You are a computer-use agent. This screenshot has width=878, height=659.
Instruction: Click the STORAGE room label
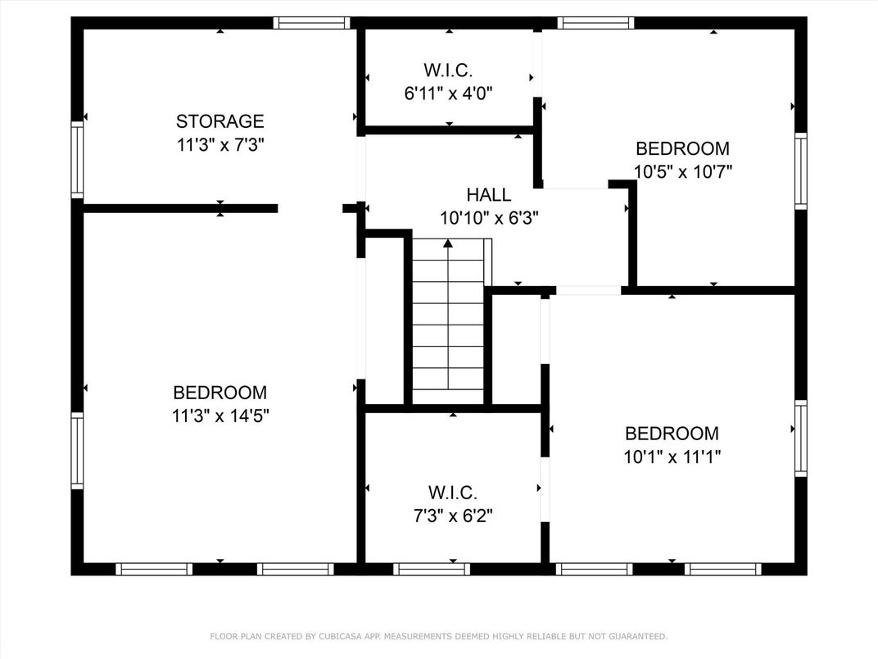pyautogui.click(x=219, y=122)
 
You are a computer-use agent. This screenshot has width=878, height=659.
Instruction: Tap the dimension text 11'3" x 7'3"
pyautogui.click(x=219, y=145)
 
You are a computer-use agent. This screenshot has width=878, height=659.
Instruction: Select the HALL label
pyautogui.click(x=489, y=195)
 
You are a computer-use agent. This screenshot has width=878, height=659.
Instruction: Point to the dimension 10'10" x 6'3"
pyautogui.click(x=489, y=218)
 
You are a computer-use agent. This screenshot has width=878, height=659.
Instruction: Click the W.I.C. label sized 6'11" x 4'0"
pyautogui.click(x=449, y=70)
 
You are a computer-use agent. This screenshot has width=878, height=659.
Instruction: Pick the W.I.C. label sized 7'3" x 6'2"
pyautogui.click(x=452, y=493)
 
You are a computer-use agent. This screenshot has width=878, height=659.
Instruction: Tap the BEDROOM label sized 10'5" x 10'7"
pyautogui.click(x=682, y=148)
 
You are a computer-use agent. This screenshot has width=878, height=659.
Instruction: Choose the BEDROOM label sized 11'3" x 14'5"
pyautogui.click(x=219, y=393)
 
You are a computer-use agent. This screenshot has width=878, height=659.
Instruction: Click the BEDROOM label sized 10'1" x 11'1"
pyautogui.click(x=672, y=434)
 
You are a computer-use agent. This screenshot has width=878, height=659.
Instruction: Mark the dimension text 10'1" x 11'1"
pyautogui.click(x=672, y=457)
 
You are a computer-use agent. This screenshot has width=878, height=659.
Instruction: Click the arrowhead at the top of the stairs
pyautogui.click(x=448, y=243)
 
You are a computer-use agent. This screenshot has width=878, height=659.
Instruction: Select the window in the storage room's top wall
pyautogui.click(x=312, y=23)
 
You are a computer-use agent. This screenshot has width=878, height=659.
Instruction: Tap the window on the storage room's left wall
pyautogui.click(x=77, y=159)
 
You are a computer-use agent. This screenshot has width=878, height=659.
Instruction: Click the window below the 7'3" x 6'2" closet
pyautogui.click(x=431, y=569)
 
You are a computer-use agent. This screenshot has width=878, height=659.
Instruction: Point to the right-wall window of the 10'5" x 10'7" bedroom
pyautogui.click(x=801, y=171)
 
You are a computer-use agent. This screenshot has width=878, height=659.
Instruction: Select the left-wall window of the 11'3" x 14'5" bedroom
pyautogui.click(x=77, y=450)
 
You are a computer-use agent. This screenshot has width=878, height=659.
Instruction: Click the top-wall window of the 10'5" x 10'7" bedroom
pyautogui.click(x=596, y=23)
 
